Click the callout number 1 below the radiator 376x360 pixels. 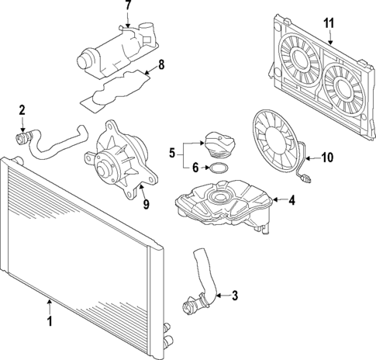(x=50, y=320)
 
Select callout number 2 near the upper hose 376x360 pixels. (x=22, y=110)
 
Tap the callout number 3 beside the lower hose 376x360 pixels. (x=235, y=295)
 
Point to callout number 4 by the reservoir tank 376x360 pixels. (x=291, y=200)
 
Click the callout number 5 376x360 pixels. (x=172, y=152)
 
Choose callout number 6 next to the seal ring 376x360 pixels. (x=195, y=168)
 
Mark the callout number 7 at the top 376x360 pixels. (x=129, y=5)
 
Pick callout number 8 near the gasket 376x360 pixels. (x=161, y=64)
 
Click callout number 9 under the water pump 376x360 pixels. (x=147, y=204)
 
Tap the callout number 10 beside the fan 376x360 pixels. (x=327, y=157)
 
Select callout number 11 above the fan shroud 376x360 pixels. (x=329, y=22)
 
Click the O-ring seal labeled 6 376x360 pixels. (x=219, y=168)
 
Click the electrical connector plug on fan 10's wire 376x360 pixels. (x=305, y=178)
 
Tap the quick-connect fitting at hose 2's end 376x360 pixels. (x=21, y=137)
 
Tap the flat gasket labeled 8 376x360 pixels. (x=115, y=89)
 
